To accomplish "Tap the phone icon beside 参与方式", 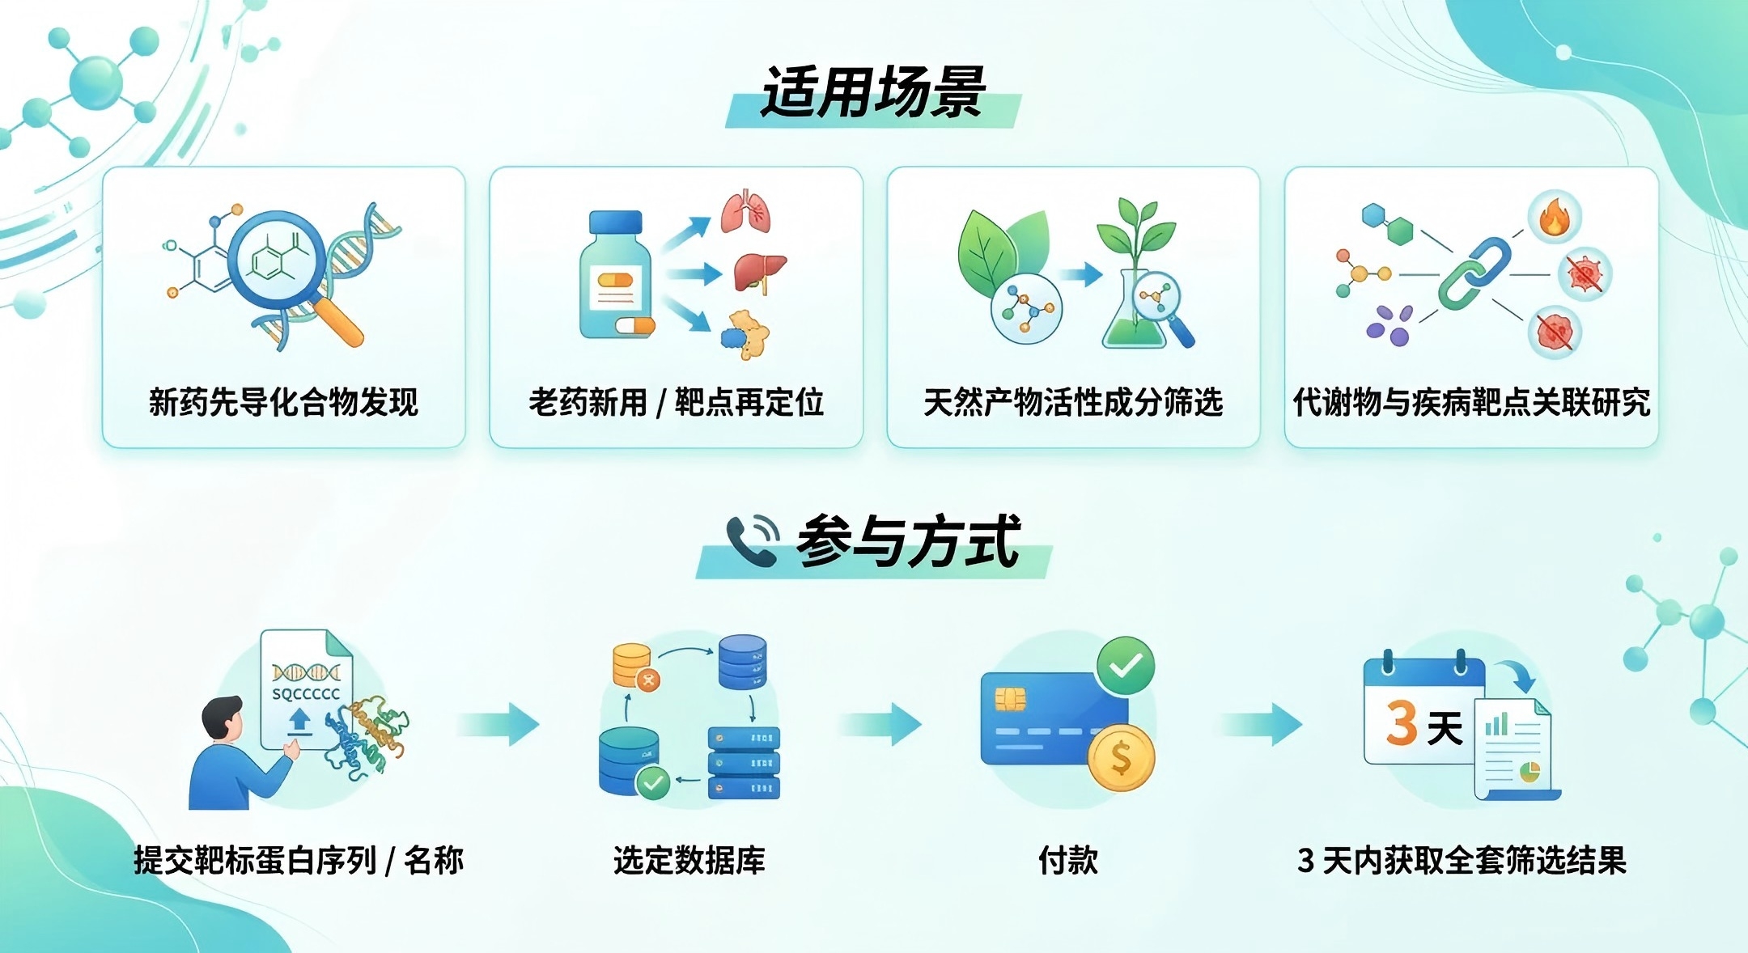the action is [751, 540].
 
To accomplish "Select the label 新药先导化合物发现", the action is [283, 402].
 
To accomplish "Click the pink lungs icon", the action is [745, 212].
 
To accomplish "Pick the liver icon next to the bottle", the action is [759, 272].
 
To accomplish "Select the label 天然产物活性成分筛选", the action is [1073, 402].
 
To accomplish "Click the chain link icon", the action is [1474, 273].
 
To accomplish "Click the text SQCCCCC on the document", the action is [306, 694].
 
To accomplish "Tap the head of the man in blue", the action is [222, 717].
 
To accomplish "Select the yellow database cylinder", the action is [632, 663].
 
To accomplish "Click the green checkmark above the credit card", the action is [1125, 666].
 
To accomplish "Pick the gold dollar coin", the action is [1121, 758].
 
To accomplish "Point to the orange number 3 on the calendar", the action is [1401, 722].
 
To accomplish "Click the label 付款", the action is [1068, 860].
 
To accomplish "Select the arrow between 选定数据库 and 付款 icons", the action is [881, 723].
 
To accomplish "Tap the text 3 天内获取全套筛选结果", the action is [1462, 860].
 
